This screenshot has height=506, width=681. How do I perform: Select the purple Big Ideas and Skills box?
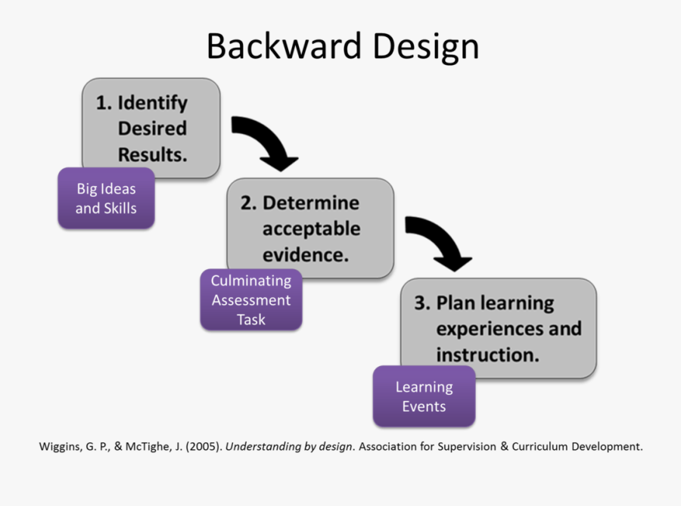[106, 197]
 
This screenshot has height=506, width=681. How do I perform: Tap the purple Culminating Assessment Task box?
[250, 300]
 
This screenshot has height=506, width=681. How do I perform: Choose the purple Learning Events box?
[424, 396]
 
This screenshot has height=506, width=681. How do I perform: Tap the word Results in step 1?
[151, 154]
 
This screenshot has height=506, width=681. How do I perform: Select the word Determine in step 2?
[311, 203]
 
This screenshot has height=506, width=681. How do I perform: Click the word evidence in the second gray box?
[304, 254]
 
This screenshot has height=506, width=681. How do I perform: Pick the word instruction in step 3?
[487, 354]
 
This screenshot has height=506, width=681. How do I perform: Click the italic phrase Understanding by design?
[289, 446]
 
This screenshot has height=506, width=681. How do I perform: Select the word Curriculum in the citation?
[537, 446]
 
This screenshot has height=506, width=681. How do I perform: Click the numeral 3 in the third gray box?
[420, 303]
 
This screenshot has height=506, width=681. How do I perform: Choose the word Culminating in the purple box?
[250, 281]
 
